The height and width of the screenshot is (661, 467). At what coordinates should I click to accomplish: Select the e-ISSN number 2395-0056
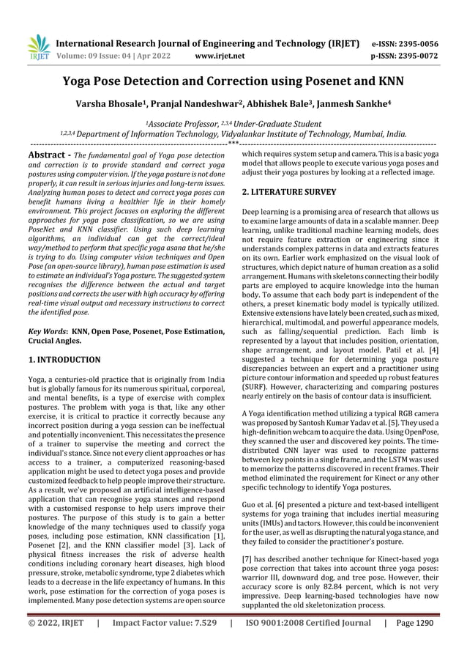436,43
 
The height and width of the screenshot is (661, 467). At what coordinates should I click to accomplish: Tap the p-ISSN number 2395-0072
436,54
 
